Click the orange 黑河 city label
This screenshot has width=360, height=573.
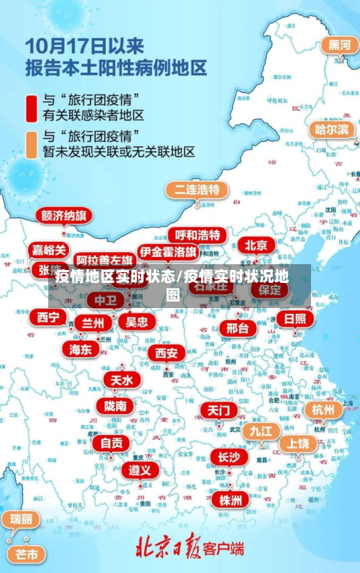coord(340,45)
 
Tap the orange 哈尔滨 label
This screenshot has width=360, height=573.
coord(332,130)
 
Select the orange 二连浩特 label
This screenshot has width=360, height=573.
coord(197,190)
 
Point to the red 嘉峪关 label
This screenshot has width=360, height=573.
coord(50,250)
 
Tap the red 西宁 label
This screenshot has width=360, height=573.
coord(48,317)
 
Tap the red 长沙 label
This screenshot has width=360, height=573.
coord(229,456)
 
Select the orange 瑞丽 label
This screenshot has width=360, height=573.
coord(21,519)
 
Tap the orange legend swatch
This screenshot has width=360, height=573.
coord(32,143)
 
